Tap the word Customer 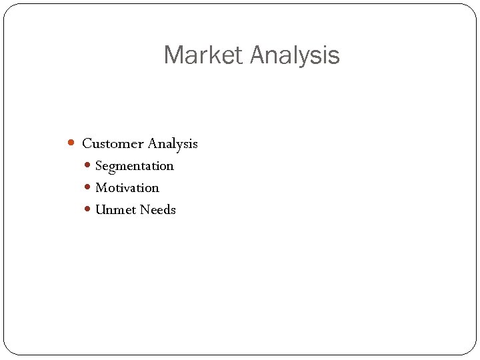113,143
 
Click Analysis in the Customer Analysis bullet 173,143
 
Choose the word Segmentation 134,165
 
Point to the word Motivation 127,187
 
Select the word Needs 158,209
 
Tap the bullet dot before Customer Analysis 72,143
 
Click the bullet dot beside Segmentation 89,165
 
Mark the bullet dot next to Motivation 89,187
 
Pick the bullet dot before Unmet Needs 89,209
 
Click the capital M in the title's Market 173,55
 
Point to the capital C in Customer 87,143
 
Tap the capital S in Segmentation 99,165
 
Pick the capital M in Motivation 101,187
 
